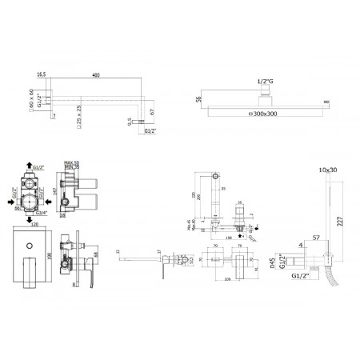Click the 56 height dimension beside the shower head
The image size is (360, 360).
click(196, 101)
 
